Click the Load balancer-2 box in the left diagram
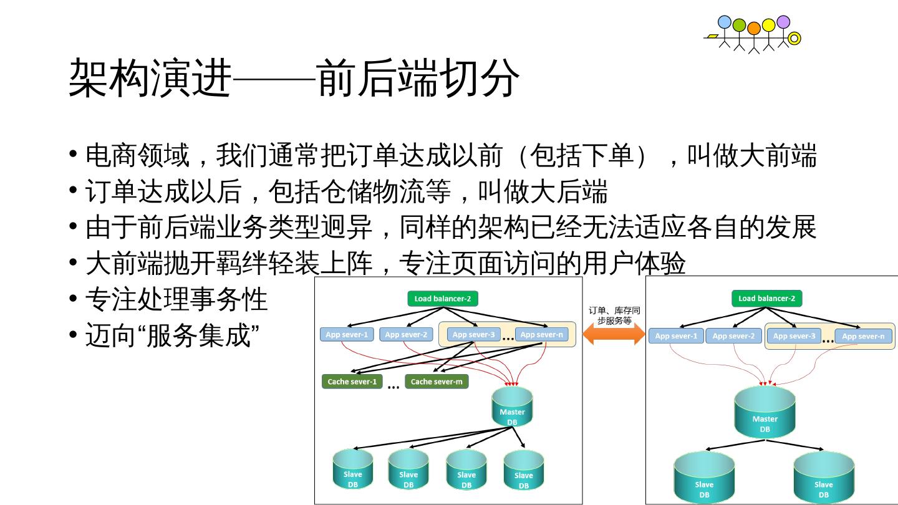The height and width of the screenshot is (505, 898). pyautogui.click(x=443, y=299)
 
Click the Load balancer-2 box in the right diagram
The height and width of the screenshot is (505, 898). pyautogui.click(x=766, y=299)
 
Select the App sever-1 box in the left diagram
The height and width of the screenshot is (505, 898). pyautogui.click(x=347, y=335)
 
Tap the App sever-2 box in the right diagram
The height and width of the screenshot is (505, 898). pyautogui.click(x=733, y=336)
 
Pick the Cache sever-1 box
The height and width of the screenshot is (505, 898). pyautogui.click(x=352, y=382)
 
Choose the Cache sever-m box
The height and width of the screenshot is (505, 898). pyautogui.click(x=437, y=382)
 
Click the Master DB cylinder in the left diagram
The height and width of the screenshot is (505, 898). pyautogui.click(x=512, y=407)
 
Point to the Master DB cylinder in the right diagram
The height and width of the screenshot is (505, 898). pyautogui.click(x=765, y=412)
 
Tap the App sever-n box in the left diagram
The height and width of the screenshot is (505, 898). pyautogui.click(x=541, y=335)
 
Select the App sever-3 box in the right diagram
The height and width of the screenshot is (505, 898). pyautogui.click(x=794, y=336)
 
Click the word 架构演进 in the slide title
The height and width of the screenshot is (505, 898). pyautogui.click(x=150, y=79)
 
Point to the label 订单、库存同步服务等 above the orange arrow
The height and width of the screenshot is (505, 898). pyautogui.click(x=614, y=315)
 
